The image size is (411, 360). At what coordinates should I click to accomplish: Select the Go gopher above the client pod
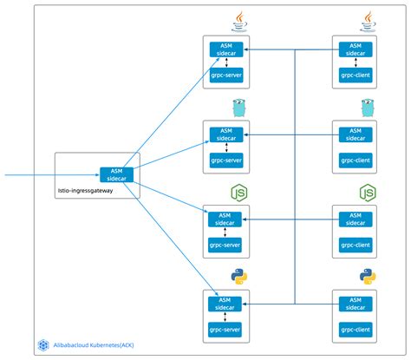click(x=368, y=108)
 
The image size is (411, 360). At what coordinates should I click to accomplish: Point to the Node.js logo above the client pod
click(x=368, y=192)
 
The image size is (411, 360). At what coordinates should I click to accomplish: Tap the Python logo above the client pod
click(x=368, y=277)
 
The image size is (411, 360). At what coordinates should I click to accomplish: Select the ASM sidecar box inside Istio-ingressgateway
click(x=115, y=174)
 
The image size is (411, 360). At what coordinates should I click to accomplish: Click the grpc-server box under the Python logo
click(x=226, y=328)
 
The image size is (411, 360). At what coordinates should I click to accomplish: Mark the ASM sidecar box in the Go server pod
click(x=226, y=133)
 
